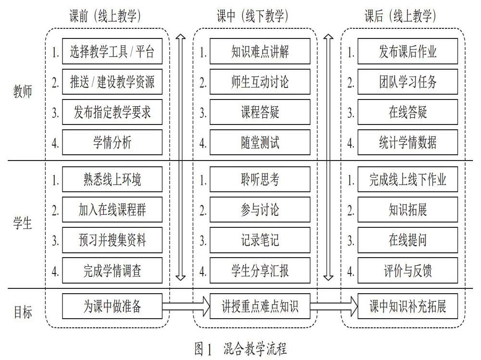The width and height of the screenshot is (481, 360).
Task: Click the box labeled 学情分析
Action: [112, 142]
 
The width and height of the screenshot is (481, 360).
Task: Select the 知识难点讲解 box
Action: [260, 51]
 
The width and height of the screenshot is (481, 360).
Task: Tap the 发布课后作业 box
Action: [408, 51]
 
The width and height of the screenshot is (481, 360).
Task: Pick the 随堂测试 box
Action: [260, 142]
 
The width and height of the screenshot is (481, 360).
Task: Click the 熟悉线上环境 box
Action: [112, 179]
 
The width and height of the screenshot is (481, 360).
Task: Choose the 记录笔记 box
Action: [260, 240]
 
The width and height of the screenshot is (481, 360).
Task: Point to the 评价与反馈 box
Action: [408, 271]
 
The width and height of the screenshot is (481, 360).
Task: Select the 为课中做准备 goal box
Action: [112, 306]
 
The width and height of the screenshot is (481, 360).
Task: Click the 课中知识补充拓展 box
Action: [408, 306]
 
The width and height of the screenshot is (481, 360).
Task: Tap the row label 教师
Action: [23, 91]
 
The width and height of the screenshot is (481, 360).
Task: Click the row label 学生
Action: [23, 223]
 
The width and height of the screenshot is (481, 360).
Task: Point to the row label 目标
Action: [23, 312]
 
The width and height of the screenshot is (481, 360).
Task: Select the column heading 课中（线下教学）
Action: [253, 16]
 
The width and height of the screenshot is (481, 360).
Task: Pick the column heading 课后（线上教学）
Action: [400, 16]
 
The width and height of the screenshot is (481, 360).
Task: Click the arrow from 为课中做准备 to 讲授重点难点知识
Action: [186, 306]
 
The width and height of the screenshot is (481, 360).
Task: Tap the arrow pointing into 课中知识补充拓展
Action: [334, 306]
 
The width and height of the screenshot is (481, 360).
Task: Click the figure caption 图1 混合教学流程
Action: [240, 348]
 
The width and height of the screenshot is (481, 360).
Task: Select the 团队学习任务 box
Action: [408, 82]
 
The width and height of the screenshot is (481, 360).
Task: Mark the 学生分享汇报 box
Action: [260, 271]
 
